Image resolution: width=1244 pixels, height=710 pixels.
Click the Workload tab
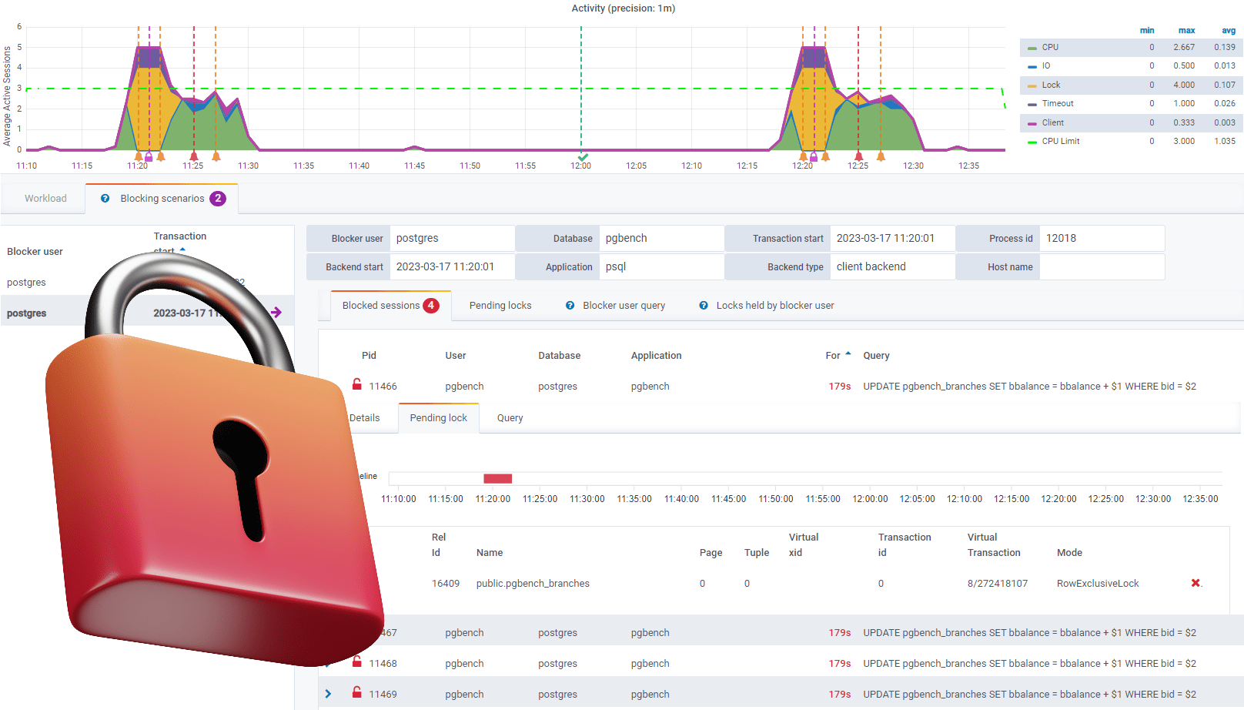(45, 199)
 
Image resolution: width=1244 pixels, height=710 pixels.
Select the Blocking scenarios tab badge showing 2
(218, 199)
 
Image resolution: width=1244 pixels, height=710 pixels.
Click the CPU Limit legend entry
(1060, 142)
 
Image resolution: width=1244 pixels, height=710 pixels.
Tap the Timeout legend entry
(1057, 104)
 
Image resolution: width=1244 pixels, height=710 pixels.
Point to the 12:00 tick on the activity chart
(580, 166)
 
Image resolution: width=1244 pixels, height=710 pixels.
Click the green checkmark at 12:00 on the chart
(583, 156)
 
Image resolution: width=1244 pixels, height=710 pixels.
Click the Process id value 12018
(1061, 239)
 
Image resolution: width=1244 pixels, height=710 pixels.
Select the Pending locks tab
(500, 306)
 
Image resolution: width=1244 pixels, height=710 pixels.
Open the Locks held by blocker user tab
(774, 306)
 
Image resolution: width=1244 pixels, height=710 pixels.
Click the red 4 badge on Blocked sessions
(431, 306)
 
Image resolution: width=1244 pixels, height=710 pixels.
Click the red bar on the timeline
(497, 479)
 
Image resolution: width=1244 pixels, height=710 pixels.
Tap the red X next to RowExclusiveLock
(1196, 583)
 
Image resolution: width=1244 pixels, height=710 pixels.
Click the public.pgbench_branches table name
(533, 584)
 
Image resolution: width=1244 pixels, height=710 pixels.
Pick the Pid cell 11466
(383, 387)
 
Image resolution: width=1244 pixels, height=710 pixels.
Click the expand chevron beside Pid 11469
(329, 694)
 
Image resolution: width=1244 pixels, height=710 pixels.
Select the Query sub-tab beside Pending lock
(510, 418)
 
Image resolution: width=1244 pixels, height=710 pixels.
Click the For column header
(833, 356)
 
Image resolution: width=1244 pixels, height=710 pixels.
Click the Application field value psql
(616, 267)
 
